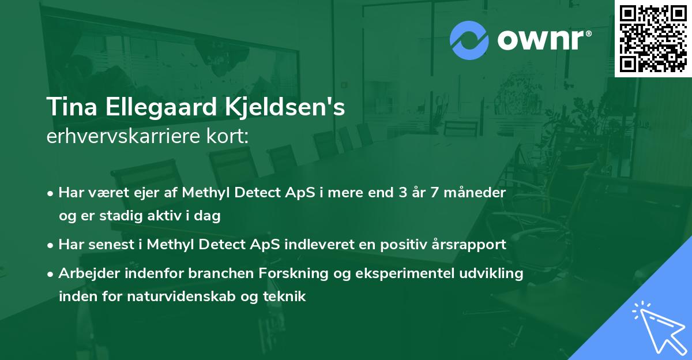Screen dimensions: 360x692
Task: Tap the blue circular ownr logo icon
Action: (469, 40)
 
